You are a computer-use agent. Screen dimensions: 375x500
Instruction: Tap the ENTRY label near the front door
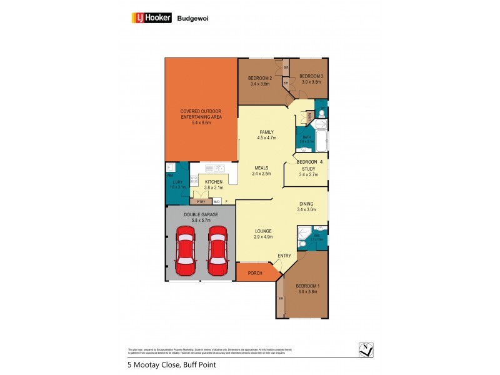[x=284, y=255]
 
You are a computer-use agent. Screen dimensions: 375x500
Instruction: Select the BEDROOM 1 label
[x=308, y=286]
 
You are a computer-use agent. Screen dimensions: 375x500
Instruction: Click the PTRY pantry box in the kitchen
[x=201, y=202]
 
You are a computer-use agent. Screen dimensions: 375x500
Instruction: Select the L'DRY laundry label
[x=177, y=182]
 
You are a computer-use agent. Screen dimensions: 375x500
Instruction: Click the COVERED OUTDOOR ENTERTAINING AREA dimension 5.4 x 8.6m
[x=201, y=122]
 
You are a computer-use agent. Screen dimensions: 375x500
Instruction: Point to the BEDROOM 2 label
[x=259, y=77]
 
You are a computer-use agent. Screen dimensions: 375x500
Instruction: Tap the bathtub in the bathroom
[x=321, y=142]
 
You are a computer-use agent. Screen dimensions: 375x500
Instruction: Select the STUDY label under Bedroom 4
[x=309, y=168]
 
